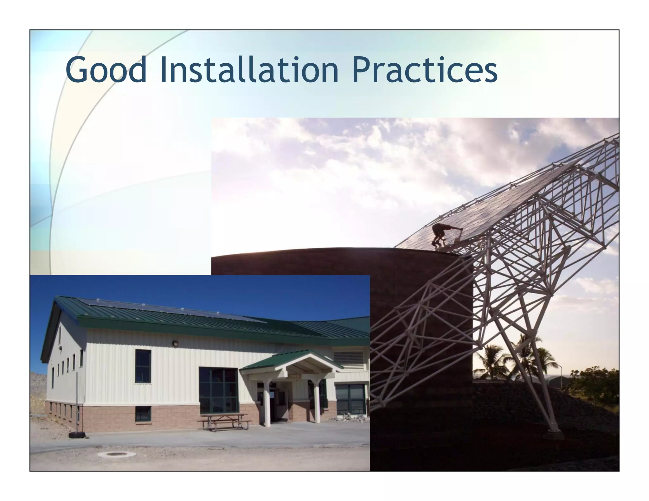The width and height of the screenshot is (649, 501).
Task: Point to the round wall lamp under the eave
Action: click(175, 343)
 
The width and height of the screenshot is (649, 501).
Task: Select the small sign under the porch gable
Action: click(293, 376)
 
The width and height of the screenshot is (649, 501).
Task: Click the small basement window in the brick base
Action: click(143, 414)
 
